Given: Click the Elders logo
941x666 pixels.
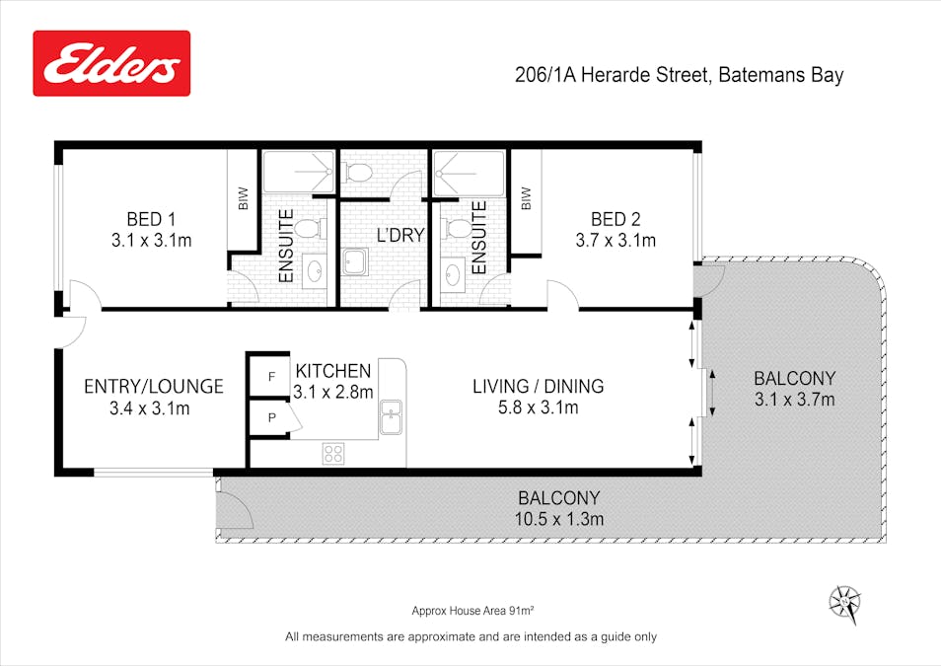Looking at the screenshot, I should (111, 63).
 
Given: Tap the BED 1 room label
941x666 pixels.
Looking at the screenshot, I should (151, 218).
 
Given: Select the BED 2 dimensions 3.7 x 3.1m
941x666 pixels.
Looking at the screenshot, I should (615, 239).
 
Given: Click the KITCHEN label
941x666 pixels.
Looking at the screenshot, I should (333, 371).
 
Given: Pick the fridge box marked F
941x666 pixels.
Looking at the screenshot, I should (271, 376).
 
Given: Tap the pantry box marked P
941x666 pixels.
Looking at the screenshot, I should (271, 418).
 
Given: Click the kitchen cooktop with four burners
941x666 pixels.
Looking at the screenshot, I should (333, 453).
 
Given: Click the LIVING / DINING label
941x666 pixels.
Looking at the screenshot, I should (538, 386).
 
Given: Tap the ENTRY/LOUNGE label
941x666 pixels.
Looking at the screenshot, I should (153, 386).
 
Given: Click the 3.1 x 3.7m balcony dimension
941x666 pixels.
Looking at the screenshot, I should (794, 400).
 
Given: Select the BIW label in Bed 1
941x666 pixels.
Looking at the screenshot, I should (243, 198).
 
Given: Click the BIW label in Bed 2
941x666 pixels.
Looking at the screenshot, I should (526, 198).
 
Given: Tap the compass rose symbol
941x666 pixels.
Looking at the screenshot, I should (844, 600).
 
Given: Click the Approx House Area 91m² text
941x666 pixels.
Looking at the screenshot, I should (472, 612).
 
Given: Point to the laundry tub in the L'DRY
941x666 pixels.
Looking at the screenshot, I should (354, 261).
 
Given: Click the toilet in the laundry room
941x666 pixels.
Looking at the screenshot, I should (359, 175).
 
